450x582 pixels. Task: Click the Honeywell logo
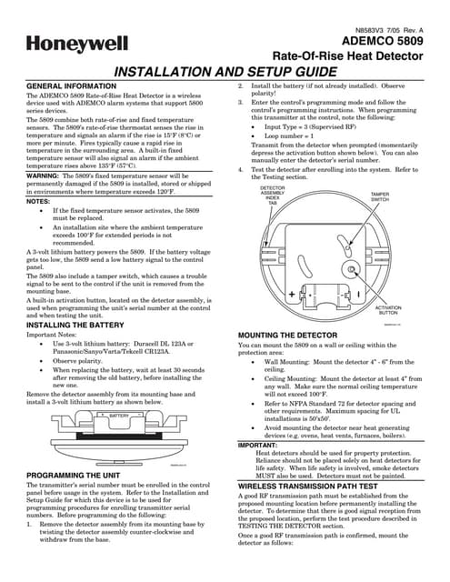(69, 43)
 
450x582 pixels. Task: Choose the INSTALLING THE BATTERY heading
(78, 324)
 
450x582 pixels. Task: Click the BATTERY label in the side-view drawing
(119, 415)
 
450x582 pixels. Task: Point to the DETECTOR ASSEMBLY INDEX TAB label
(275, 196)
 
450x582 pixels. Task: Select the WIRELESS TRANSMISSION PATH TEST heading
(324, 487)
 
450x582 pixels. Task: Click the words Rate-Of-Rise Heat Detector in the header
(372, 55)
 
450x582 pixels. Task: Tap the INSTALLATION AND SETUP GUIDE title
(224, 71)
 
